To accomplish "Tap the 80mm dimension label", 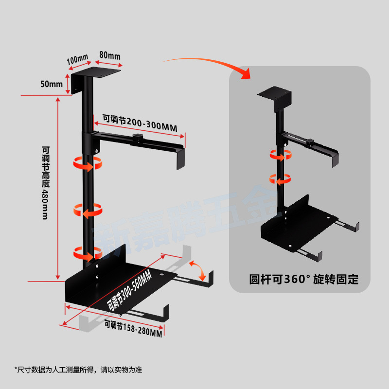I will pyautogui.click(x=110, y=55).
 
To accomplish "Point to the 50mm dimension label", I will pyautogui.click(x=52, y=84).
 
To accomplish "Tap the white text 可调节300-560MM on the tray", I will pyautogui.click(x=130, y=291).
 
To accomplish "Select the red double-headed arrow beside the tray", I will pyautogui.click(x=197, y=269).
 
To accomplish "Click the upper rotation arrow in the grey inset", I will pyautogui.click(x=281, y=155).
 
